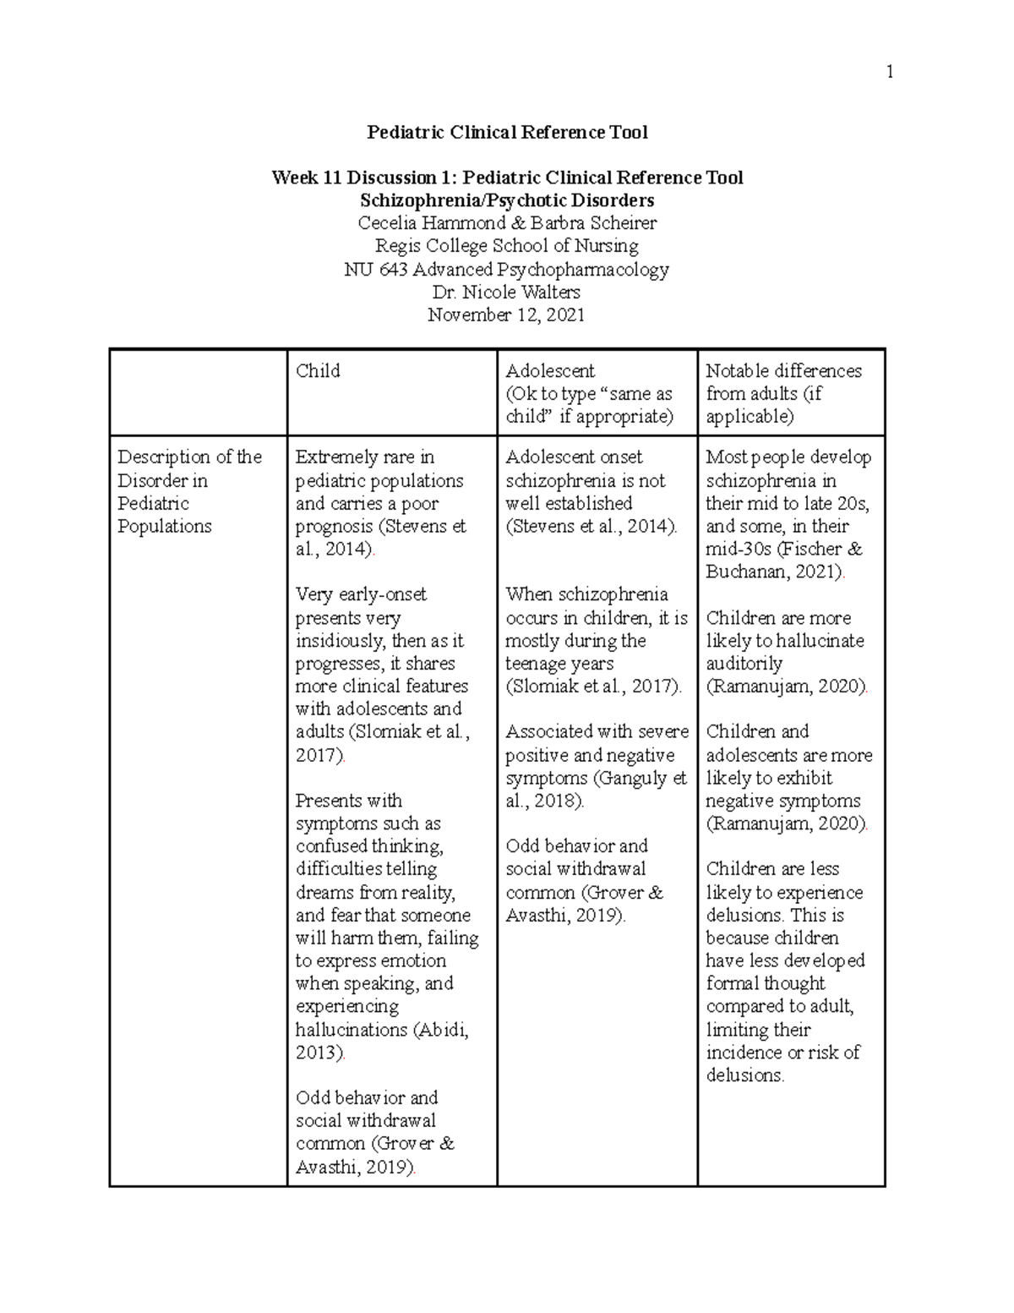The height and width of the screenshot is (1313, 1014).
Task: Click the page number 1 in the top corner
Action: pyautogui.click(x=889, y=73)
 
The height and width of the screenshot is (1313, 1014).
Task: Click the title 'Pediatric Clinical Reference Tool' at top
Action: pyautogui.click(x=507, y=132)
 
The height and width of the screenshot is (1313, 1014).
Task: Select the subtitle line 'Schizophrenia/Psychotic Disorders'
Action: pyautogui.click(x=507, y=200)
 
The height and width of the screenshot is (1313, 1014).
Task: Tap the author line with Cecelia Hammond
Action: pyautogui.click(x=507, y=223)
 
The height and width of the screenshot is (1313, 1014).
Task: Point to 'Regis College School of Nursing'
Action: pyautogui.click(x=507, y=246)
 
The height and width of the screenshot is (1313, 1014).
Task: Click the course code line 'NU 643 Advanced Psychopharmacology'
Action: pyautogui.click(x=507, y=270)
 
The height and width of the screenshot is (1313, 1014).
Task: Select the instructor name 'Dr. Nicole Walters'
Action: pyautogui.click(x=507, y=293)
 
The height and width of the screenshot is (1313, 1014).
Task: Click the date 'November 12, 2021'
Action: pyautogui.click(x=507, y=315)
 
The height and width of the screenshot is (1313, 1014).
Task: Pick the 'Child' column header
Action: pyautogui.click(x=318, y=371)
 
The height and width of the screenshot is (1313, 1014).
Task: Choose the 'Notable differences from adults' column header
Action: pyautogui.click(x=783, y=393)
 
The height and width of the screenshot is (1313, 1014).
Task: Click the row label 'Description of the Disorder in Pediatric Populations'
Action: pyautogui.click(x=190, y=491)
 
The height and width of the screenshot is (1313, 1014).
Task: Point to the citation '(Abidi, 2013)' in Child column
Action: pyautogui.click(x=380, y=1041)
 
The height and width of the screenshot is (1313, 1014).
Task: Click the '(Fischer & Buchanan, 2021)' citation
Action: pyautogui.click(x=783, y=560)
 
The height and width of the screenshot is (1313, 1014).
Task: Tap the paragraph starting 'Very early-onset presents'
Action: pyautogui.click(x=382, y=675)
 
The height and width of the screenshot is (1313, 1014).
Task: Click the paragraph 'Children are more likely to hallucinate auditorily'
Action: pyautogui.click(x=785, y=652)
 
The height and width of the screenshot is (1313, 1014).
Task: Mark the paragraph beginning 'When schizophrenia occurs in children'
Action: pyautogui.click(x=596, y=640)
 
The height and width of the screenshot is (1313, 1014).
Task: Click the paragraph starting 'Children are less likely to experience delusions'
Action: pyautogui.click(x=785, y=971)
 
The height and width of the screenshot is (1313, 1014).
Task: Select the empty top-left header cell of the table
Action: pyautogui.click(x=199, y=393)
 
